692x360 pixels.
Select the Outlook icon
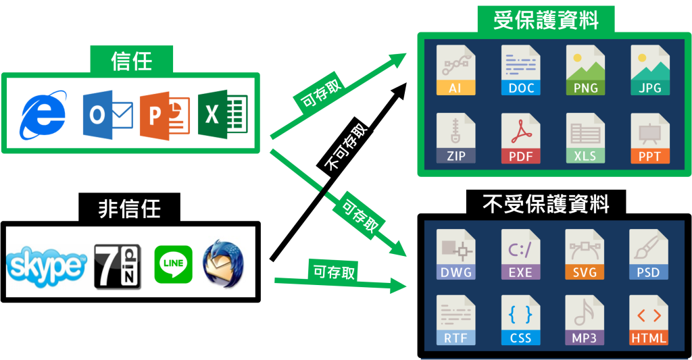click(x=106, y=114)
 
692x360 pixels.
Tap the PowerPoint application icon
click(x=163, y=113)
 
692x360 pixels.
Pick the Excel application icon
click(x=222, y=113)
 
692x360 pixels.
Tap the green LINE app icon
click(x=174, y=264)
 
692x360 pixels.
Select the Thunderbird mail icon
click(x=222, y=264)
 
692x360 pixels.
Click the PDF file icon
click(x=520, y=138)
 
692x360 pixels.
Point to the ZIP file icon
click(x=455, y=138)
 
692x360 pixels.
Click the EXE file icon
click(x=520, y=255)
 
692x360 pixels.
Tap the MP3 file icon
click(x=585, y=320)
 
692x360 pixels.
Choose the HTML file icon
click(x=649, y=320)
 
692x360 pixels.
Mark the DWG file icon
click(x=455, y=255)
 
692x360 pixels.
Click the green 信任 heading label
click(x=132, y=61)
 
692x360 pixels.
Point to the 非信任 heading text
click(x=130, y=208)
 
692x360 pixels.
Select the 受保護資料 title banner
click(x=546, y=20)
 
